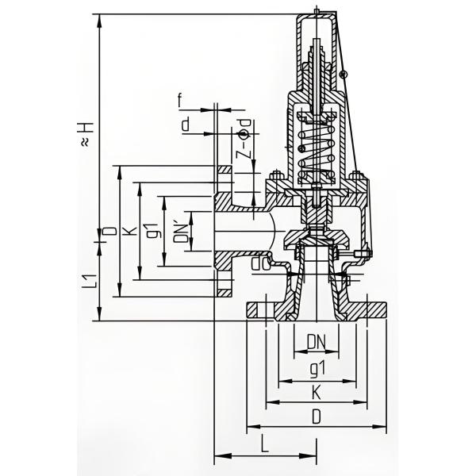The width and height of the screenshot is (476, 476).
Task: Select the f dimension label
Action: pyautogui.click(x=181, y=101)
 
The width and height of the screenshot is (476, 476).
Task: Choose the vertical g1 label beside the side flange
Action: pyautogui.click(x=158, y=232)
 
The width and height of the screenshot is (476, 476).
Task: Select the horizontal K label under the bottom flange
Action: pyautogui.click(x=317, y=391)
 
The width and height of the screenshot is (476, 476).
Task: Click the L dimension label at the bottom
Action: pyautogui.click(x=264, y=446)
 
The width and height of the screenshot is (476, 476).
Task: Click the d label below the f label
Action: pyautogui.click(x=185, y=125)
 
